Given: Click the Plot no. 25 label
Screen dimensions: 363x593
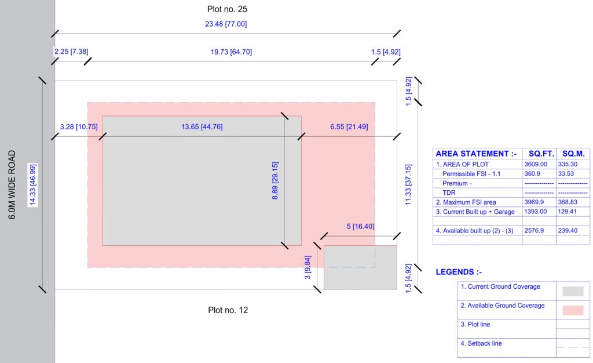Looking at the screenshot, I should point(227,9).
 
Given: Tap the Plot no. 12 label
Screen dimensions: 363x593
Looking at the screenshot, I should point(228,310).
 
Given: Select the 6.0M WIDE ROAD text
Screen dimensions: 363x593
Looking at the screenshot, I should point(12,185).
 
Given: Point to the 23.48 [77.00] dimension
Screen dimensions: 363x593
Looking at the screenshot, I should point(226,24).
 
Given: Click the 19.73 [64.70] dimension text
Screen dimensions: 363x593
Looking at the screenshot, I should point(230,52).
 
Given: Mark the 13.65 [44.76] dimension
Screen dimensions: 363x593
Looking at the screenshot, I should point(202,127).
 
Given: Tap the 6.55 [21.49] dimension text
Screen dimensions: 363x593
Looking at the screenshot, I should point(349,127).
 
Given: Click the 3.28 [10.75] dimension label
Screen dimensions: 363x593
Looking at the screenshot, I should point(79,126).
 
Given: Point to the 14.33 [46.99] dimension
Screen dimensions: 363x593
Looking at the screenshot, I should point(33,185).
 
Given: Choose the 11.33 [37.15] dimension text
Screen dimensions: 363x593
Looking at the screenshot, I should point(408,184).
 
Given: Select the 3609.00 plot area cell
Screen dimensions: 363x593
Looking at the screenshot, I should point(536,165).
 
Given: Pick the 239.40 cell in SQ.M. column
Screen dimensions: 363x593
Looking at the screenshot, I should point(570,231).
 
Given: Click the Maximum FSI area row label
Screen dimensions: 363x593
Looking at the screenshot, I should point(466,202).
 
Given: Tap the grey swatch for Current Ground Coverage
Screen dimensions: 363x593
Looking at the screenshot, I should point(573,291).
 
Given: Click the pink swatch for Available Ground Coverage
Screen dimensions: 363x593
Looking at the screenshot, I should point(573,310).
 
